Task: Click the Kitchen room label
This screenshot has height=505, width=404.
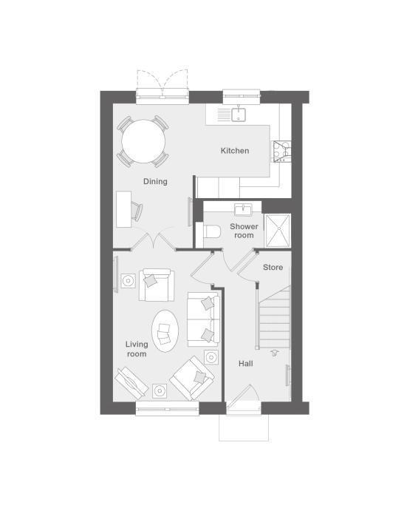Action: click(235, 151)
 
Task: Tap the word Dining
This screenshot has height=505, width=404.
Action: click(155, 182)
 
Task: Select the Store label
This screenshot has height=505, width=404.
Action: click(273, 268)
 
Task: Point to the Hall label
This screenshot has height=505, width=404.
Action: click(246, 364)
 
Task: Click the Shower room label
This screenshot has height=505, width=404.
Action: click(244, 231)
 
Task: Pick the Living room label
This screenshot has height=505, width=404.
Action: click(137, 349)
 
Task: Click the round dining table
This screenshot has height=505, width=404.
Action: click(143, 141)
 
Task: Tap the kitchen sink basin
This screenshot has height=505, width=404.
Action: click(239, 115)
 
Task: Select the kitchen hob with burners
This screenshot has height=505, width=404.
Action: click(282, 152)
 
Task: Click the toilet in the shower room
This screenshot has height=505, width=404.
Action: click(210, 231)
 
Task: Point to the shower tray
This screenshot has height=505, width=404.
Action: click(278, 230)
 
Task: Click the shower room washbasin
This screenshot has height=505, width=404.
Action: click(243, 209)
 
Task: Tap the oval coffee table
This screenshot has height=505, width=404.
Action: click(165, 331)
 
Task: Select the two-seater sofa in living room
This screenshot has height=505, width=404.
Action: click(204, 319)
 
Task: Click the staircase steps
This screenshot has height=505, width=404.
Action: click(274, 317)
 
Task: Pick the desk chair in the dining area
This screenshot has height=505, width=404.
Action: click(137, 211)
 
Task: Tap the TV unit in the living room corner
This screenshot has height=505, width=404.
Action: click(131, 382)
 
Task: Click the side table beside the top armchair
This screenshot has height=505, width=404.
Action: click(128, 281)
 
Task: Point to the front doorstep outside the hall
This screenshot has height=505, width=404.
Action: click(244, 427)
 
